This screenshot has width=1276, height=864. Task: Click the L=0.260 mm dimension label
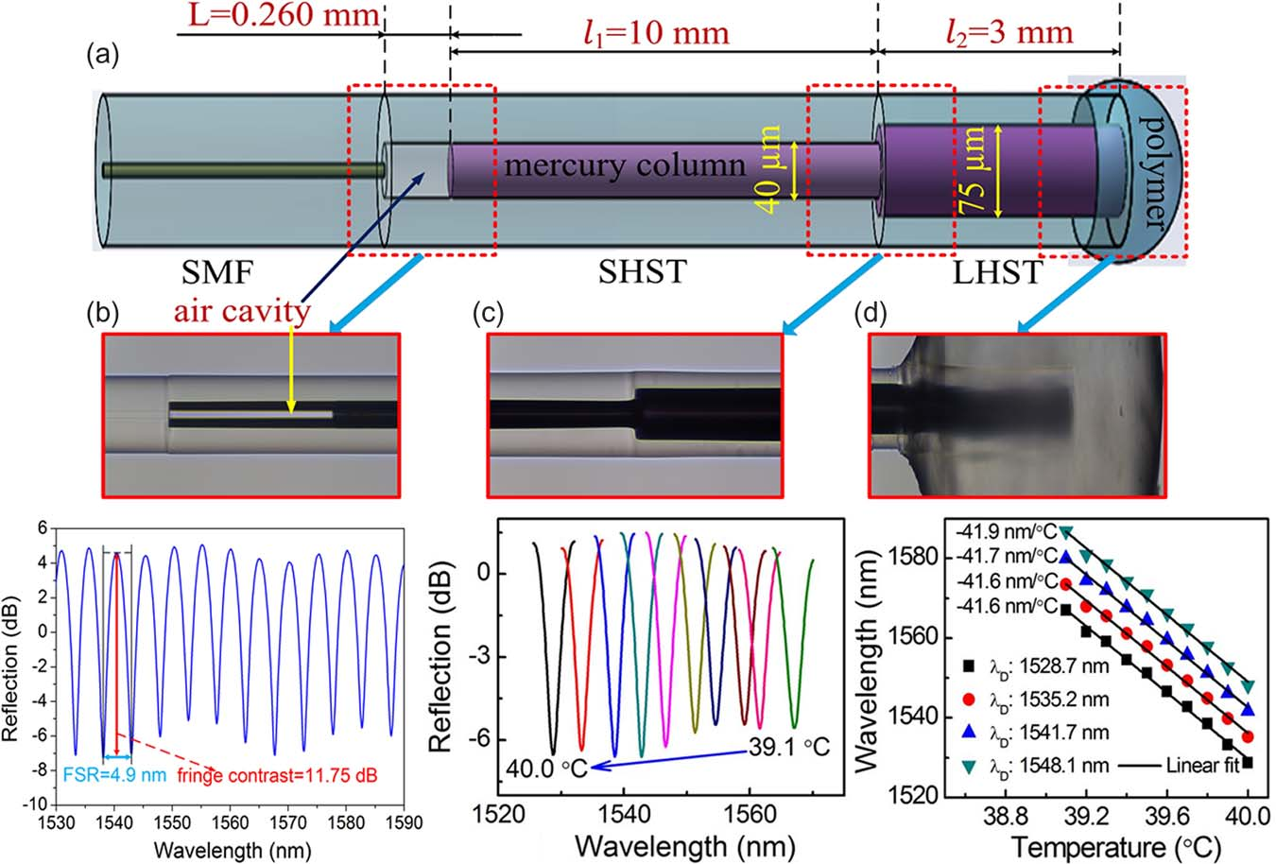pyautogui.click(x=280, y=16)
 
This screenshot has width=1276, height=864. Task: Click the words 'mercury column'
pyautogui.click(x=625, y=166)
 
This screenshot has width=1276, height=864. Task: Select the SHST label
pyautogui.click(x=643, y=274)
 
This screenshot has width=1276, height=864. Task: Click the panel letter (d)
pyautogui.click(x=871, y=314)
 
